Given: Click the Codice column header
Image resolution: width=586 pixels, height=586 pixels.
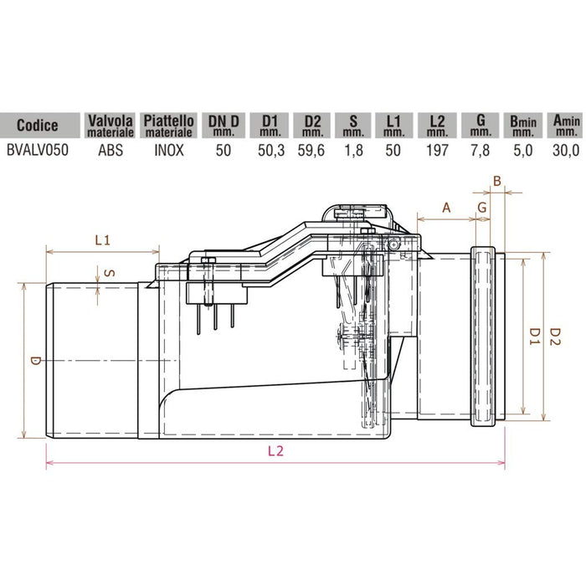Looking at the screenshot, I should coord(38,126).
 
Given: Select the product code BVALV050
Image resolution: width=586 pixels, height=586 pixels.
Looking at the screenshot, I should coord(38,151).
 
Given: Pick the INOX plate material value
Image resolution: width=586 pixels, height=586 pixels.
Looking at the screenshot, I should coord(170,151).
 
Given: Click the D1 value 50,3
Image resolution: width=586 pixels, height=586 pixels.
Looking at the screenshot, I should coord(270,151).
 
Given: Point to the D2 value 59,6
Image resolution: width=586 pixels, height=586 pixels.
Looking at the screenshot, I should coord(312,151).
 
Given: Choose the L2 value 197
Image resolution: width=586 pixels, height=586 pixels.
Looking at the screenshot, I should coord(438,151).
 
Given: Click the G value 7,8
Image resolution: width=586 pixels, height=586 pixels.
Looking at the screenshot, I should coord(480,151).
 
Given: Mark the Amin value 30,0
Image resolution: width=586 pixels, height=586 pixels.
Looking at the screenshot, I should coord(564,151).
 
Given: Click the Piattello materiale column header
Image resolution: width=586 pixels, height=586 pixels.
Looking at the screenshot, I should coord(170,126).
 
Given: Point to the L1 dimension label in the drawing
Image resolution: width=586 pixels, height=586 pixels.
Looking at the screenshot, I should coord(102,240).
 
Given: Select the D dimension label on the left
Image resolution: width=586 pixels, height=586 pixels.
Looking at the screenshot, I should coord(34,361).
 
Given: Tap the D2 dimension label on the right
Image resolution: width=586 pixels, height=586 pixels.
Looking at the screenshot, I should coord(555,335).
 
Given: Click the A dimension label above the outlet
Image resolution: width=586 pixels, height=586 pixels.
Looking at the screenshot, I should coord(445,206).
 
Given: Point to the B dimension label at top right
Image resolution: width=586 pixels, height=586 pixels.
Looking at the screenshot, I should coord(497,179).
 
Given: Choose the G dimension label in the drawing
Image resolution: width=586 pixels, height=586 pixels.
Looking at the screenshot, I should coord(482,206).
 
